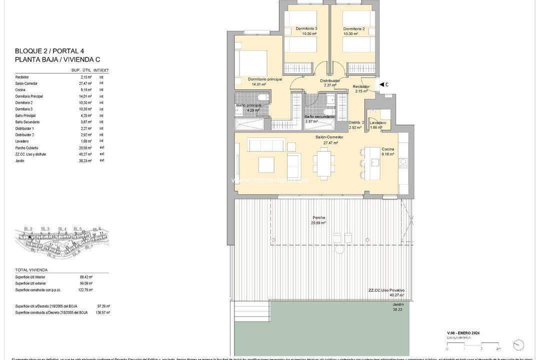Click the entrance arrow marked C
tap(383, 84)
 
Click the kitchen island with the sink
tap(372, 162)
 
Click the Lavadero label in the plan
tap(377, 122)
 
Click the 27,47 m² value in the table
tap(86, 83)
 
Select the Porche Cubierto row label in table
tap(26, 148)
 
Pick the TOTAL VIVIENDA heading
tap(31, 270)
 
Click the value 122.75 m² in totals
tap(86, 290)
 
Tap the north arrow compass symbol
tap(518, 345)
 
